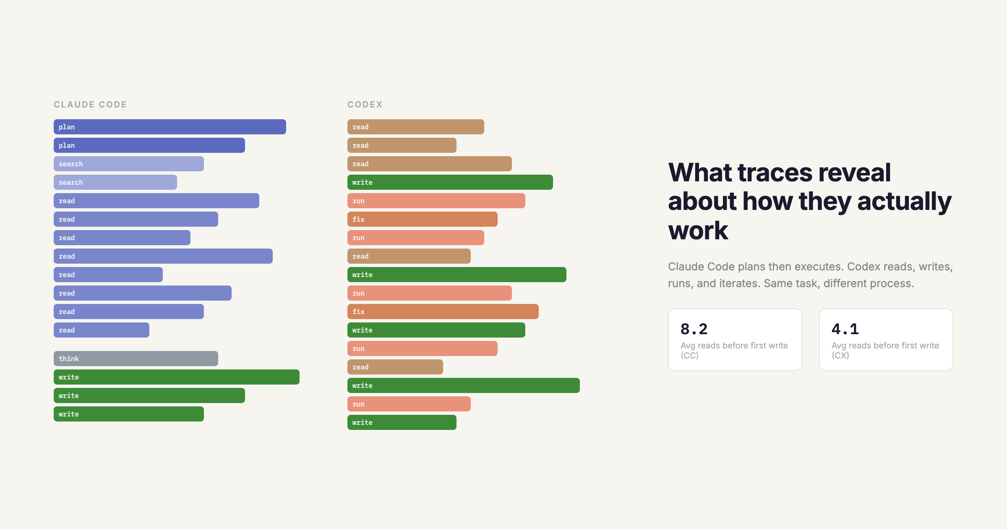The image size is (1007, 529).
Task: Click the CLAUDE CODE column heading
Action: point(90,105)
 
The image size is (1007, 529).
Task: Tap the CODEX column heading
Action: point(365,105)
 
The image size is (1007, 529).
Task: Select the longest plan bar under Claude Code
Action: point(170,127)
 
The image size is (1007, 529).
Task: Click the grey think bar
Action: point(136,359)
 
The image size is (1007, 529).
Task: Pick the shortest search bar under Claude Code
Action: point(115,182)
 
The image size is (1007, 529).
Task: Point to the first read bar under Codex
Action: point(416,127)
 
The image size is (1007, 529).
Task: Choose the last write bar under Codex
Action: point(402,422)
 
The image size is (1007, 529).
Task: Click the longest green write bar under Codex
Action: point(464,385)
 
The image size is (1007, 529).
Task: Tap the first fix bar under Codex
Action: point(423,219)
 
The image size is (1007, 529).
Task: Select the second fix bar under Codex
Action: point(443,312)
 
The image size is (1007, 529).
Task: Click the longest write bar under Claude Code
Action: point(177,377)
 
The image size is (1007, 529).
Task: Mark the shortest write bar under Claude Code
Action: point(129,414)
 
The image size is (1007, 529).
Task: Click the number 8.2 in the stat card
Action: point(694,329)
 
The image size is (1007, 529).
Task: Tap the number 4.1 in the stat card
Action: point(845,329)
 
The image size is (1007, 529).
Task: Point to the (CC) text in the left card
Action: point(689,356)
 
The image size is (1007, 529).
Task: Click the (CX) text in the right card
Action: point(840,356)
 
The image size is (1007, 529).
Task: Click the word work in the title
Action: point(698,230)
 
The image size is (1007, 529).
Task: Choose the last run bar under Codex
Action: point(409,404)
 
